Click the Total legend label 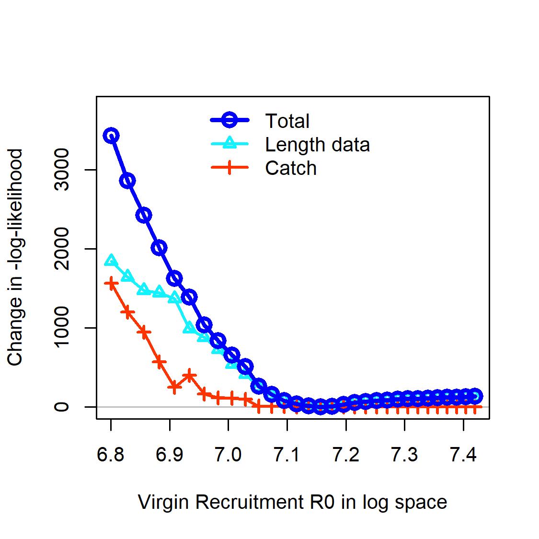click(287, 121)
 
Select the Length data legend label click(317, 145)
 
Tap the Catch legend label click(291, 168)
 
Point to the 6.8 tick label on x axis click(110, 455)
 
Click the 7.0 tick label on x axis click(228, 455)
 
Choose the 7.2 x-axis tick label click(346, 455)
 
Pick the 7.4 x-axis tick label click(463, 455)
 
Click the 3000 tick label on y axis click(61, 170)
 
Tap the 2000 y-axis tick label click(61, 249)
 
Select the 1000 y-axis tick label click(61, 328)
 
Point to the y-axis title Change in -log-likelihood click(15, 257)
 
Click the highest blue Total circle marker click(111, 136)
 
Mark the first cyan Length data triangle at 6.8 click(111, 260)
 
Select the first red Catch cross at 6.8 click(111, 284)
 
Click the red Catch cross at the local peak click(189, 376)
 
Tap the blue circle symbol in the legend click(229, 120)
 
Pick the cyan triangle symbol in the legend click(229, 143)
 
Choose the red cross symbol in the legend click(229, 167)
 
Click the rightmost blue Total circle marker click(475, 396)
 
